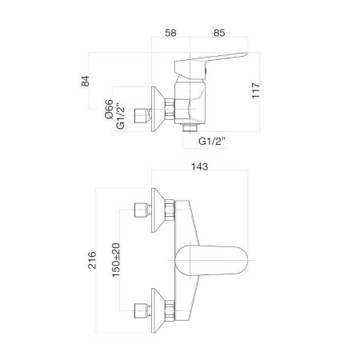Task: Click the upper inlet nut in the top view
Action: coord(143,212)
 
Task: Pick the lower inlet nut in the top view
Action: coord(143,306)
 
